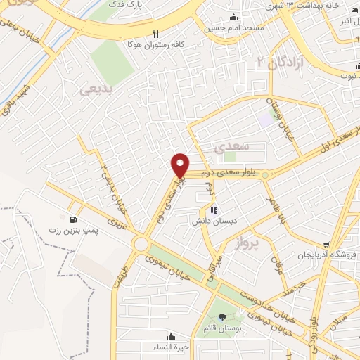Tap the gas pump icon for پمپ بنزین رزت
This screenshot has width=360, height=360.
[72, 219]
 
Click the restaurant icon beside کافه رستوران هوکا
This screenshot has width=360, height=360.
[156, 33]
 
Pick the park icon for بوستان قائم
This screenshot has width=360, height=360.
[223, 318]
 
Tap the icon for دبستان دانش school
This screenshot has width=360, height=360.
[214, 210]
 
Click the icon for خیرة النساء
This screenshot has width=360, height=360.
[171, 335]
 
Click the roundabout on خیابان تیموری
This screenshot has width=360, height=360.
[141, 244]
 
